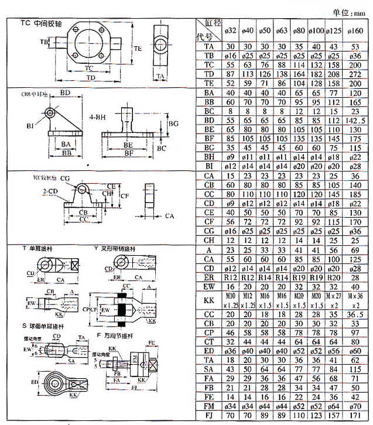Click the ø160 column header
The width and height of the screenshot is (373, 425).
point(356,30)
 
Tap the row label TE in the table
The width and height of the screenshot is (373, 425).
point(209,83)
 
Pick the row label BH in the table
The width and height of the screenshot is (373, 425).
point(209,157)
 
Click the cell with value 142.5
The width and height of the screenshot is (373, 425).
point(356,120)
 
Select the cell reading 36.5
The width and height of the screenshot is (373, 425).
point(356,315)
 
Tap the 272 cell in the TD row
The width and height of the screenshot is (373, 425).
point(356,74)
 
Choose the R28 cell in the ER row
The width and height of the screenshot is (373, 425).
point(356,277)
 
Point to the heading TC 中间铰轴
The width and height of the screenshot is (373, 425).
point(44,24)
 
